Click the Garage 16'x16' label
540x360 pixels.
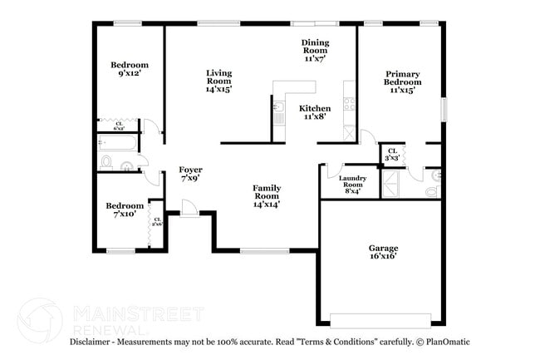tap(383, 252)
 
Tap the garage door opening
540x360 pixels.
tap(380, 319)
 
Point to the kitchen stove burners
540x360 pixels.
tap(349, 105)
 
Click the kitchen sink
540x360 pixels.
tap(279, 117)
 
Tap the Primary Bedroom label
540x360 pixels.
tap(401, 81)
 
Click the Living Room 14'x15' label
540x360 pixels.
tap(218, 81)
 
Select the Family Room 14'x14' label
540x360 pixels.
tap(266, 195)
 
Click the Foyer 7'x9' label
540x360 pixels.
tap(191, 174)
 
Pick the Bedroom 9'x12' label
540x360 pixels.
tap(130, 69)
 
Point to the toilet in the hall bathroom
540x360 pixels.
tap(107, 160)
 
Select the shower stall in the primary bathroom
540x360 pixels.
tap(392, 185)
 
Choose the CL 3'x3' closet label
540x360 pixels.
tap(391, 154)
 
